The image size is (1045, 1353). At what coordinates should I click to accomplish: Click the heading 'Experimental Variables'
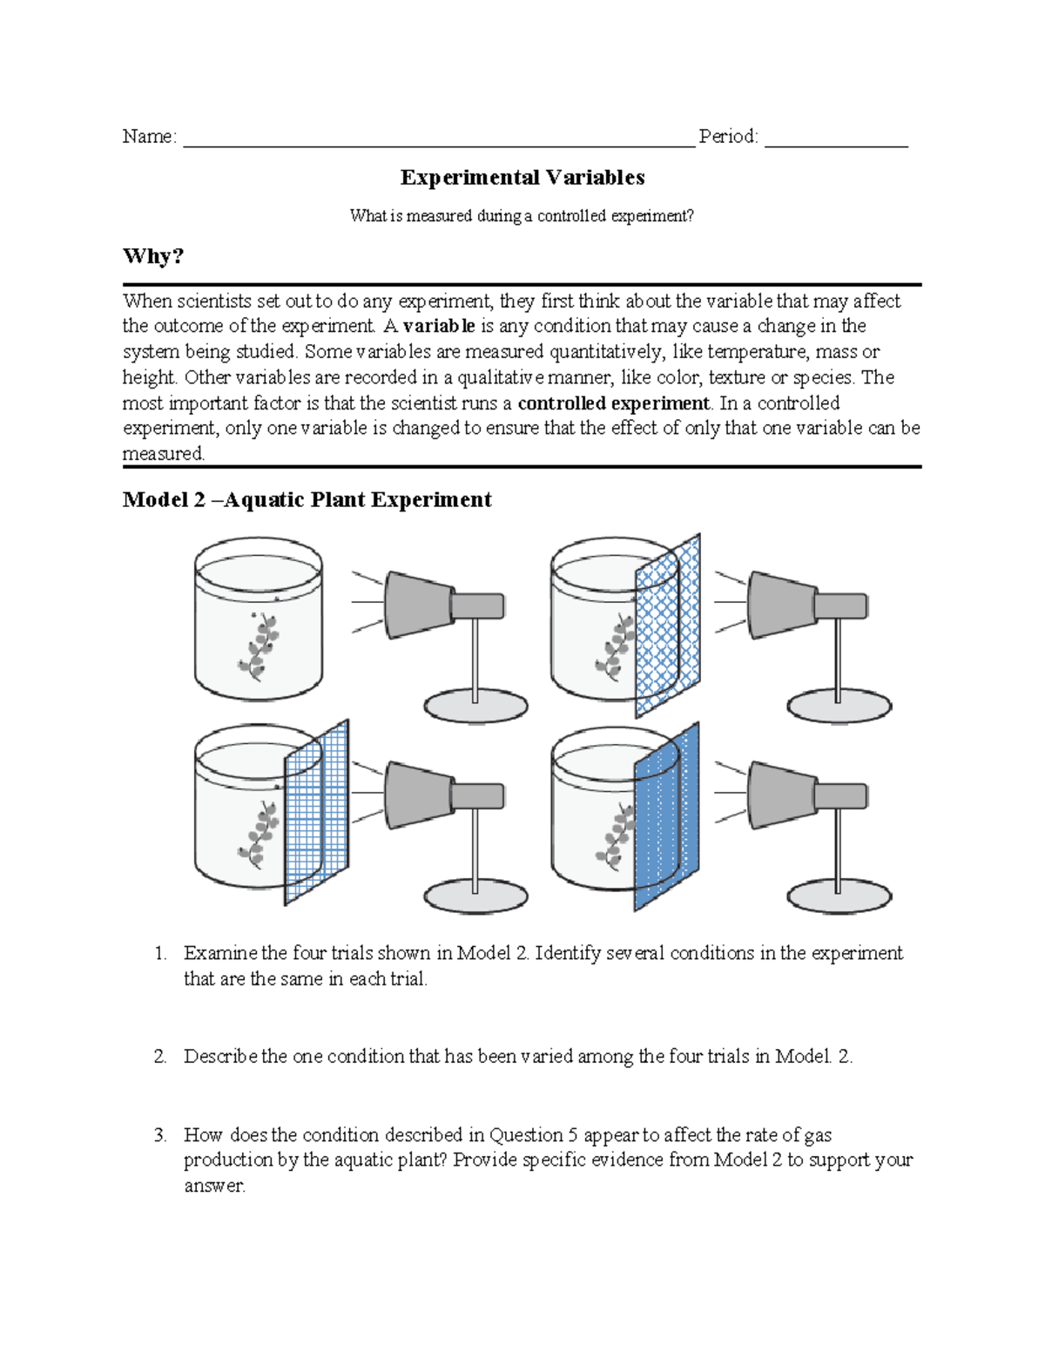tap(522, 178)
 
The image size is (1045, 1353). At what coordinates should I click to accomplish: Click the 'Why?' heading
tap(153, 256)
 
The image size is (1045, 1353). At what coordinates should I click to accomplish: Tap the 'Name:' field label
tap(149, 137)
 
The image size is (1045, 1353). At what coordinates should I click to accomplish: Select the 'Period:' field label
tap(728, 137)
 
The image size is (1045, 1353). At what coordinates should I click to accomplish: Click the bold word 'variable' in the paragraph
tap(439, 326)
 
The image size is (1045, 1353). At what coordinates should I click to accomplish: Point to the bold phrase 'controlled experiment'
tap(614, 403)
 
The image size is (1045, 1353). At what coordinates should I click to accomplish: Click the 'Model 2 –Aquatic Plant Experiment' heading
tap(307, 500)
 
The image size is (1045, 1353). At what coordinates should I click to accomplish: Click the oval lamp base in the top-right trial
tap(839, 706)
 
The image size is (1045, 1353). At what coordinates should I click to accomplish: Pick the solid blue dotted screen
tap(667, 817)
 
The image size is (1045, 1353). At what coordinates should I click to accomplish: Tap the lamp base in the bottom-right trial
tap(839, 896)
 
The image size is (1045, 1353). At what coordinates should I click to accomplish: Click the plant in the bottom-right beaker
tap(617, 836)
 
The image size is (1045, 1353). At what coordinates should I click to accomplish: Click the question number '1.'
tap(160, 953)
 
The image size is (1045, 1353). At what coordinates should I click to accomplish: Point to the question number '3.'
tap(160, 1135)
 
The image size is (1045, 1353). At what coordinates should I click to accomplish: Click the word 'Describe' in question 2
tap(220, 1057)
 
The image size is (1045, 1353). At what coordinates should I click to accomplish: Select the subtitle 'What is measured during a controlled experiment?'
tap(522, 216)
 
